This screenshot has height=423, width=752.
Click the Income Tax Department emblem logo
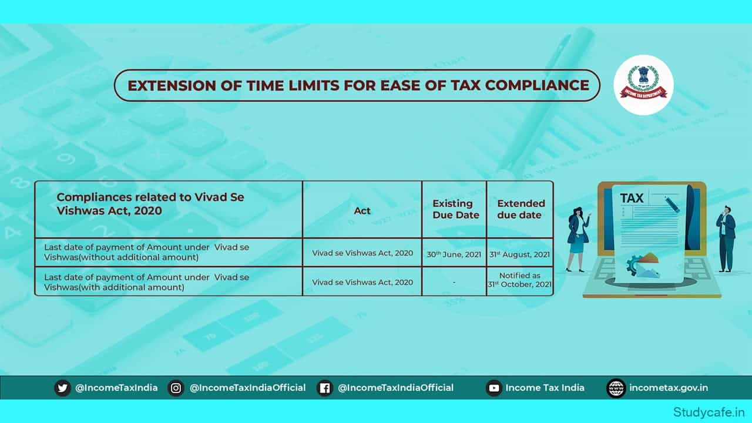point(643,85)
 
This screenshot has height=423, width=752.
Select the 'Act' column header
point(362,210)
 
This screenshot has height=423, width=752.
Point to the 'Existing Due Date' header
point(453,209)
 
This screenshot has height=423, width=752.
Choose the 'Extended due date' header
point(521,209)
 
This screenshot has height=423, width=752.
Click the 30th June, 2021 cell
point(454,254)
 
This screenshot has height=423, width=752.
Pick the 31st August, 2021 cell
point(520,254)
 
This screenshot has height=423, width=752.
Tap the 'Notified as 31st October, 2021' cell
point(520,280)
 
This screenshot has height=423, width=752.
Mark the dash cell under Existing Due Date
point(454,283)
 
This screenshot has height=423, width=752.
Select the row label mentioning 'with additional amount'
point(147,282)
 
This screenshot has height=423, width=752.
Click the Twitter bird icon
point(62,388)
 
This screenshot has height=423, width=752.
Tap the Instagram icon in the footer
point(176,388)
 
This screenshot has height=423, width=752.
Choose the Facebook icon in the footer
point(324,388)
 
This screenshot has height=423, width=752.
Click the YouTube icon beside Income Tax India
point(493,388)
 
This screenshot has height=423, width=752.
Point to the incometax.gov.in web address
point(668,388)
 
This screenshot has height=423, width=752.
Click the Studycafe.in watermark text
point(711,411)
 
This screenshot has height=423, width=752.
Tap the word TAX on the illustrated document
point(632,198)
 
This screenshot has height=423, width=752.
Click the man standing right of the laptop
point(726,238)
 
